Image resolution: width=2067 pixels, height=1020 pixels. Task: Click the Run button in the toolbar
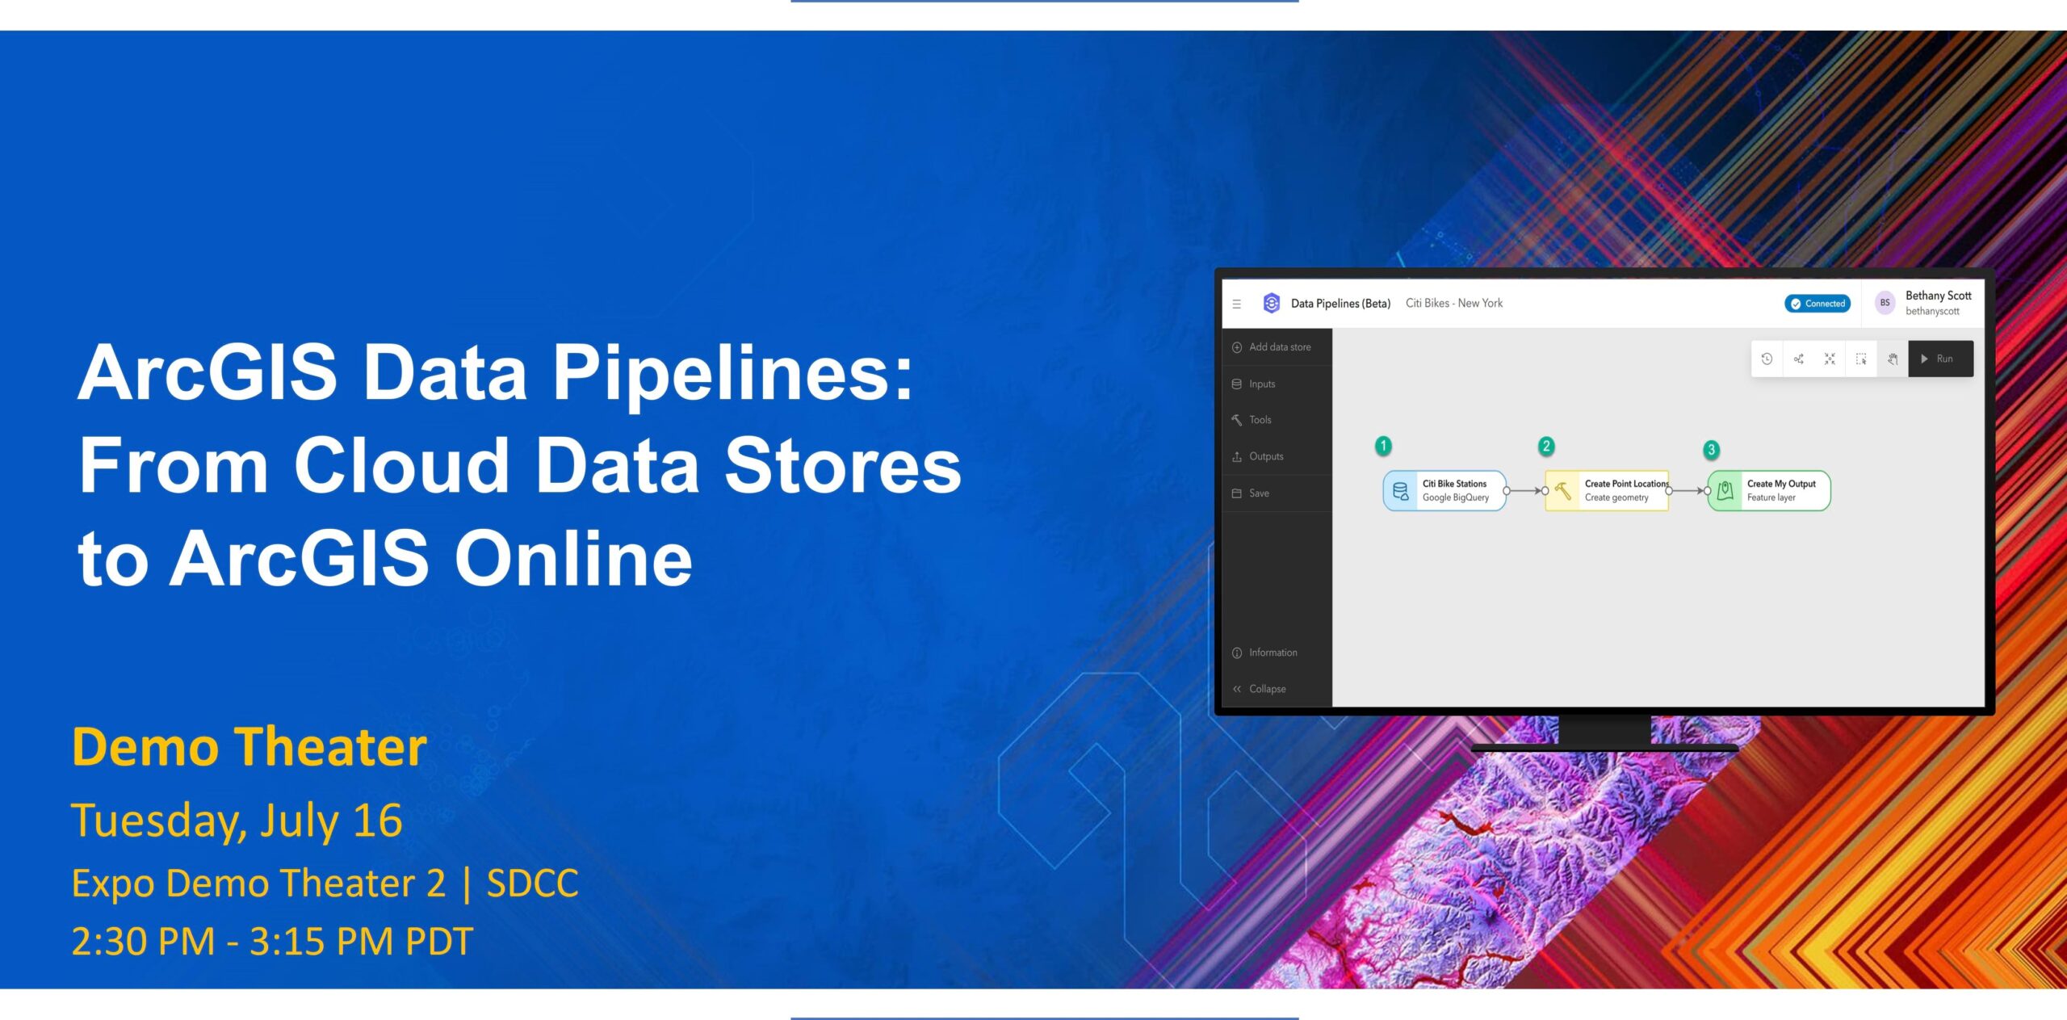(1940, 359)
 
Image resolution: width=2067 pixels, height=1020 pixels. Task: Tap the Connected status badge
(1818, 304)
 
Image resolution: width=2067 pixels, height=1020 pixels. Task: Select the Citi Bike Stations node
(1445, 490)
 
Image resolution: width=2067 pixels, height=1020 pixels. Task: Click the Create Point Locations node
(1607, 490)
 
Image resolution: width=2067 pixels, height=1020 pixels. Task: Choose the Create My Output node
(1769, 490)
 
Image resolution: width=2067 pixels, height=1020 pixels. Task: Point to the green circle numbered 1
(1383, 446)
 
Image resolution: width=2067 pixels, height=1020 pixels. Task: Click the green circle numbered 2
(1546, 446)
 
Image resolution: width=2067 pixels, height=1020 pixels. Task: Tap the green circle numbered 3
(1711, 450)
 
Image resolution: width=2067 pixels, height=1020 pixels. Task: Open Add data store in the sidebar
(1272, 347)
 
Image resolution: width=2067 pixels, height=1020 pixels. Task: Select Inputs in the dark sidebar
(1254, 384)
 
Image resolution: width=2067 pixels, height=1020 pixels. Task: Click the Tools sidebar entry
(1252, 420)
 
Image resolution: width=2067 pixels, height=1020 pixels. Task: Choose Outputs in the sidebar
(1258, 456)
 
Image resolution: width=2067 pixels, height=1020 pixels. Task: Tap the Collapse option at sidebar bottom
(1260, 689)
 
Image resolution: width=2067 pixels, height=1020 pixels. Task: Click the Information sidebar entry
(1265, 653)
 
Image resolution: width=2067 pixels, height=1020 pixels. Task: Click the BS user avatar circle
(1885, 303)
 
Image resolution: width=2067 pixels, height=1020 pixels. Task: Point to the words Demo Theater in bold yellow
(249, 747)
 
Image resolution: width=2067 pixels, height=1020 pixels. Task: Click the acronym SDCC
(533, 883)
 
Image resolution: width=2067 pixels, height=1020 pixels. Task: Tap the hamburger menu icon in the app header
(1237, 304)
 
